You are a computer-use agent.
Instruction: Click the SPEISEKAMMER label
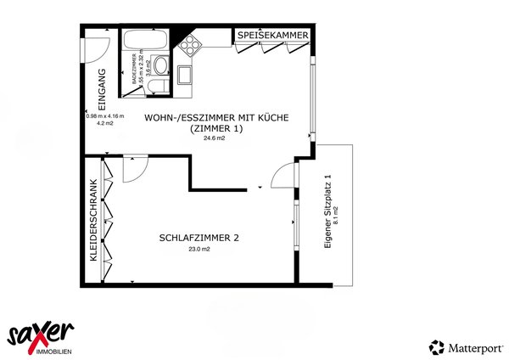272,35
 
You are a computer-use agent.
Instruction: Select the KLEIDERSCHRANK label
93,218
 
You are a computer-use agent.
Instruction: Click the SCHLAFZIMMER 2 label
199,238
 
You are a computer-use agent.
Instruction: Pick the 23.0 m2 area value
199,250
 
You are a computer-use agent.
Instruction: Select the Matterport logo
467,346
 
